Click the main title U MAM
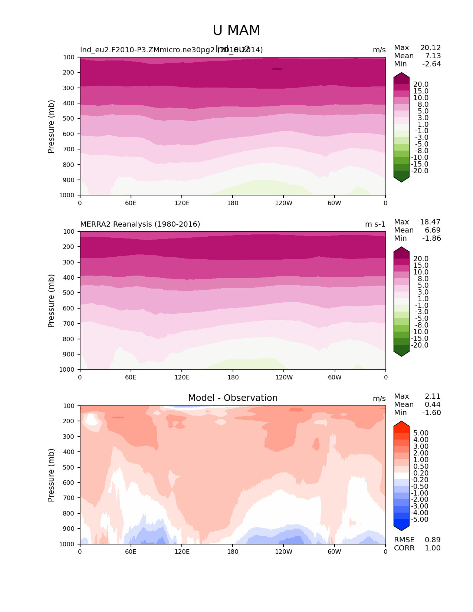tap(236, 30)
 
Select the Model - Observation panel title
tap(233, 398)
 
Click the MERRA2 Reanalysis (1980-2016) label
tap(140, 224)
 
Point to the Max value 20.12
tap(430, 48)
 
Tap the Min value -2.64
tap(431, 64)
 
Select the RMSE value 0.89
tap(433, 540)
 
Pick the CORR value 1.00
tap(433, 548)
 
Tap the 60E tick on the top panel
tap(131, 203)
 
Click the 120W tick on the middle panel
tap(284, 377)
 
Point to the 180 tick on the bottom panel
tap(233, 552)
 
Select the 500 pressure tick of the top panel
tap(69, 119)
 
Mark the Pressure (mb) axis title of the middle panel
tap(51, 301)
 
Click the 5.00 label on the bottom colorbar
tap(421, 433)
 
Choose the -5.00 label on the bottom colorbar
tap(420, 520)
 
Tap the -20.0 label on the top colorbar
tap(420, 171)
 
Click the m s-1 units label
tap(375, 224)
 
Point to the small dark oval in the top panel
tap(277, 69)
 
